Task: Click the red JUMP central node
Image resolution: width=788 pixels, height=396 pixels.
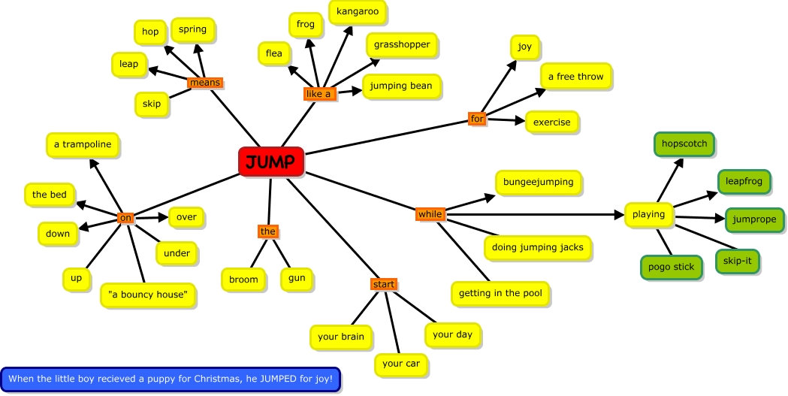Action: [x=271, y=162]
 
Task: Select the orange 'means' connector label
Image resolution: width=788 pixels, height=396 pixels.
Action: [x=205, y=83]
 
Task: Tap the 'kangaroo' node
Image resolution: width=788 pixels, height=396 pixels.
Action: [x=358, y=12]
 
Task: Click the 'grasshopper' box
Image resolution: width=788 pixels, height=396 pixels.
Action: [x=402, y=44]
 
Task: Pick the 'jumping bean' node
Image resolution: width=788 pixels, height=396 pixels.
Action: [x=400, y=86]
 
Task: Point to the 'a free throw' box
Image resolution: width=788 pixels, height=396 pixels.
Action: [x=576, y=76]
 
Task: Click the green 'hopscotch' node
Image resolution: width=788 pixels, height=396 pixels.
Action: [x=684, y=144]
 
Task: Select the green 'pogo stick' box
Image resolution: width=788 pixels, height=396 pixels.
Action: [x=672, y=267]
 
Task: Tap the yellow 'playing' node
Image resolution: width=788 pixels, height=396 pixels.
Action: [x=649, y=214]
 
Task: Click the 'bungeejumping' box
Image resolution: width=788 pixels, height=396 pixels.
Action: [x=538, y=182]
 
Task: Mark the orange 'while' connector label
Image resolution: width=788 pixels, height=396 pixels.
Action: [x=430, y=214]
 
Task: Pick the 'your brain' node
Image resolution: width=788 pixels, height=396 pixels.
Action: [x=340, y=337]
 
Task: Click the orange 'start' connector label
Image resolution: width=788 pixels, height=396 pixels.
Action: [x=383, y=284]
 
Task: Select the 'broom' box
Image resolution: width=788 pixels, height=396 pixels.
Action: [x=243, y=280]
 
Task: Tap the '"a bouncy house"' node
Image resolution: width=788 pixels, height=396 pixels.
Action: [x=148, y=295]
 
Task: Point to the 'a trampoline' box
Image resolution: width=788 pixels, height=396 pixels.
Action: [x=83, y=144]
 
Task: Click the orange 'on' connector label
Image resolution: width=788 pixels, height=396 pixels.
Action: [x=125, y=218]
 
